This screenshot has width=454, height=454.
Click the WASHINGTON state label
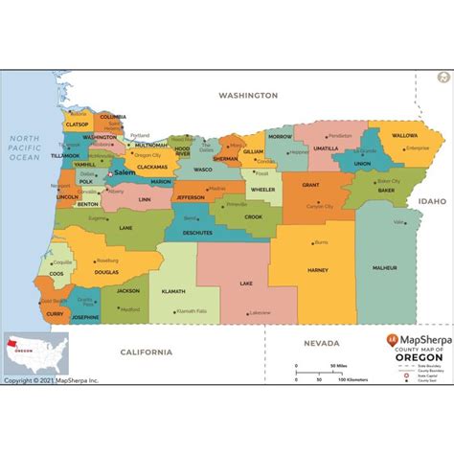248,96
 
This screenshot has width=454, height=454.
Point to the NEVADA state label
323,343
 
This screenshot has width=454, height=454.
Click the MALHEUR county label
384,267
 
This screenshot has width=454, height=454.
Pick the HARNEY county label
317,270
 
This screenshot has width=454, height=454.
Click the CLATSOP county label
76,124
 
